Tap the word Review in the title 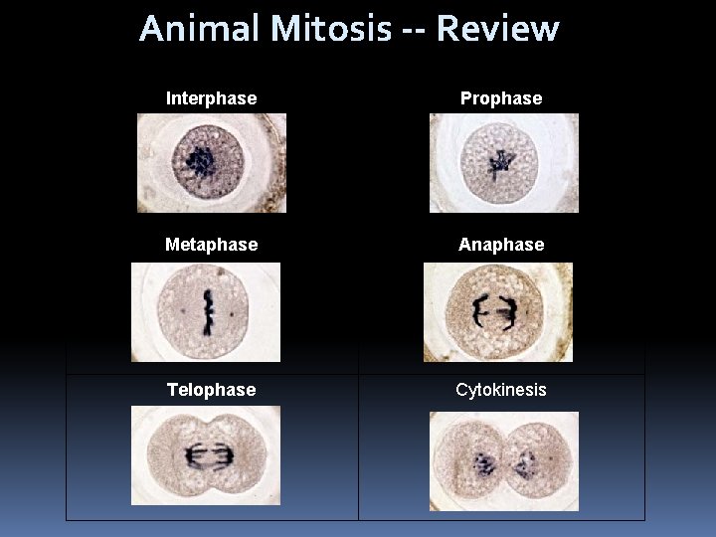click(497, 28)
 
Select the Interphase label click(211, 98)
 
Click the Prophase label click(501, 98)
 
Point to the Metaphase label click(211, 244)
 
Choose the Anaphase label click(501, 244)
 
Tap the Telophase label click(211, 390)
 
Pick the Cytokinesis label click(501, 390)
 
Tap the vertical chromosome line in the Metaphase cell click(209, 311)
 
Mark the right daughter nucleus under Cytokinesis click(525, 463)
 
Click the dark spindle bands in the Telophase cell click(206, 456)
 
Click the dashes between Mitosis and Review click(414, 30)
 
